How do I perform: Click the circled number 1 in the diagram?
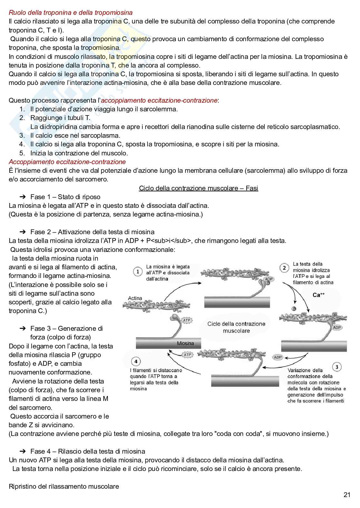coord(138,272)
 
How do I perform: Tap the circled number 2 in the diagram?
coord(284,268)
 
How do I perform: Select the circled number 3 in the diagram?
coord(337,367)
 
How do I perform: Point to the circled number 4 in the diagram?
coord(136,361)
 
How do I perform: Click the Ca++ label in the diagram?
coord(318,295)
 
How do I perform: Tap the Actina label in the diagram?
coord(135,298)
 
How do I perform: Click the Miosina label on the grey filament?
coord(185,343)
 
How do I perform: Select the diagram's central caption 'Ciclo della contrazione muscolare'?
coord(236,327)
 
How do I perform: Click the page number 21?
coord(347,495)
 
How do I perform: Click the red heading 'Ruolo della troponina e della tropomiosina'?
coord(71,13)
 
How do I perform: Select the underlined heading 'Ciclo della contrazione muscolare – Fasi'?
coord(198,188)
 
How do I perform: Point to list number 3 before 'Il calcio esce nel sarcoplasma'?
coord(22,135)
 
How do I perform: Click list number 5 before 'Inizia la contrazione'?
coord(22,153)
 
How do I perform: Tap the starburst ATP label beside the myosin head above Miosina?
coord(186,320)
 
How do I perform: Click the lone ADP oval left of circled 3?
coord(278,357)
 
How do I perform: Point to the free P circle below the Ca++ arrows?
coord(294,309)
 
